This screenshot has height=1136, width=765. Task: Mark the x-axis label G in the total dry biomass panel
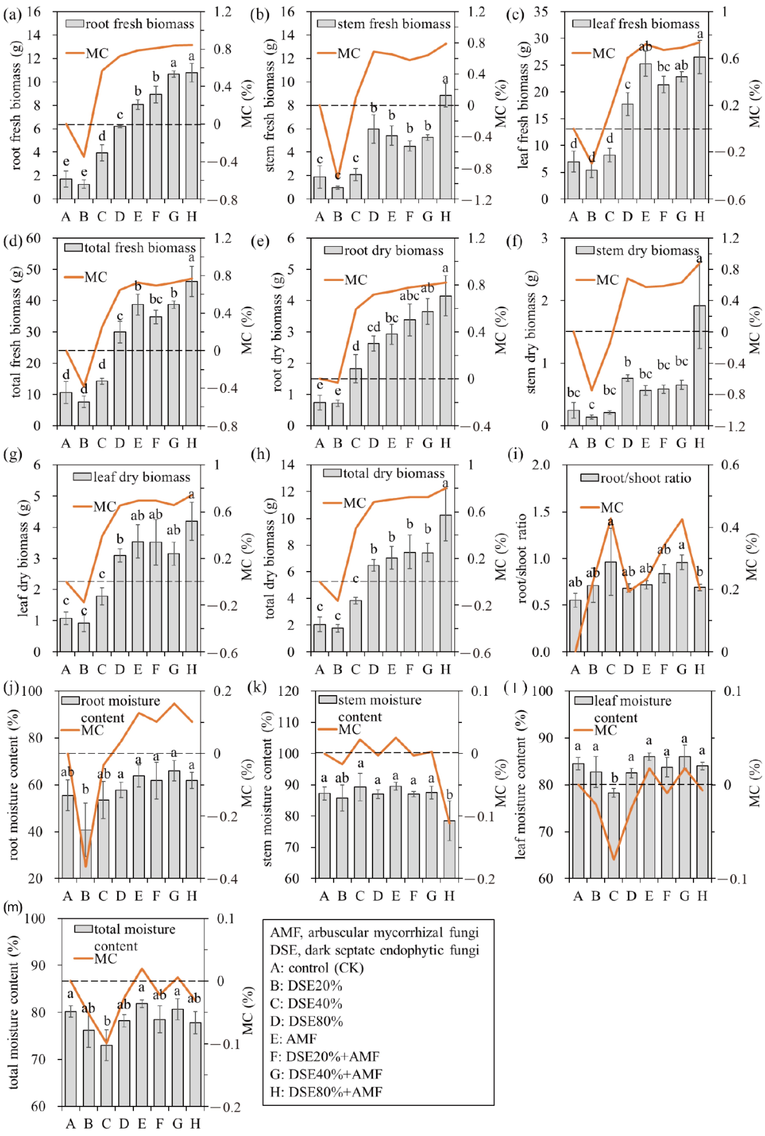coord(427,669)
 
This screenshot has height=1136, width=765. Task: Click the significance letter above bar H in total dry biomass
coord(445,483)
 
